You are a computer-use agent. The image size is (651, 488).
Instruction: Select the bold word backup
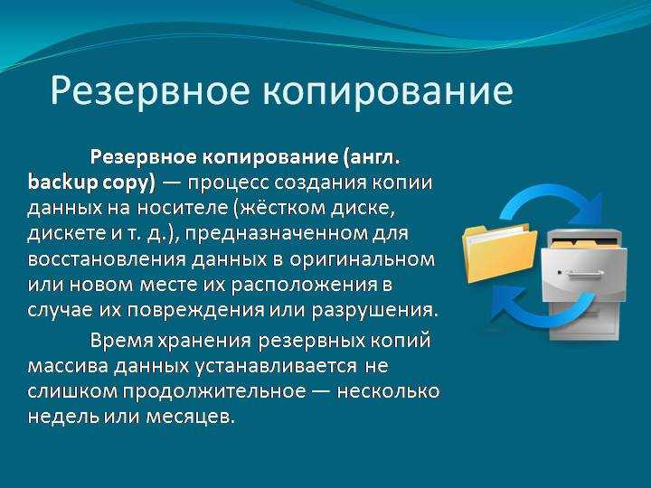coord(63,183)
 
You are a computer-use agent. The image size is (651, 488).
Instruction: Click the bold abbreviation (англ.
coord(372,158)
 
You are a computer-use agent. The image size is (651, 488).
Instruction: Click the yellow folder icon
coord(499,253)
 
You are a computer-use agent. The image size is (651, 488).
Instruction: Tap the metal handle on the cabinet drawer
coord(584,273)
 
